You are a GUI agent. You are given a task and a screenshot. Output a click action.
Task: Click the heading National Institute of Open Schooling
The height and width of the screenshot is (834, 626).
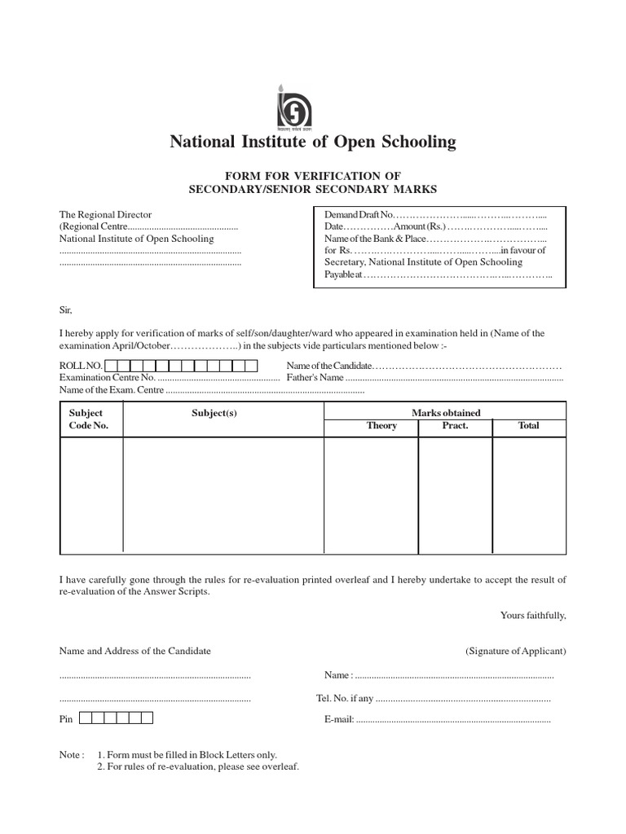click(313, 143)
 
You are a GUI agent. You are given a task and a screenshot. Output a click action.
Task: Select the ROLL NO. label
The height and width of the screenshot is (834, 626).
click(81, 367)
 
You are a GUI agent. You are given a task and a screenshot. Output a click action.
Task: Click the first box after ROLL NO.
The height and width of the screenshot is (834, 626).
click(111, 367)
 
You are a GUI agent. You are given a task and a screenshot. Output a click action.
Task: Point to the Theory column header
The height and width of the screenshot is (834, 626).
click(381, 426)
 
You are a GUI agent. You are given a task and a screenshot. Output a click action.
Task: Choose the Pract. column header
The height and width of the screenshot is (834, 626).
click(455, 426)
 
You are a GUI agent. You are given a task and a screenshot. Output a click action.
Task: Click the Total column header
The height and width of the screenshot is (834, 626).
click(528, 426)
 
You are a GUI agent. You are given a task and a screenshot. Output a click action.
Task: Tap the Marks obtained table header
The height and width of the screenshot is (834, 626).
click(445, 413)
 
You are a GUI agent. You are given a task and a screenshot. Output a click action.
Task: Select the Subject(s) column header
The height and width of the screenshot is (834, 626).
click(214, 413)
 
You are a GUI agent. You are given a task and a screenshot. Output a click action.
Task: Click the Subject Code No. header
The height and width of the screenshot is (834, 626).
click(88, 419)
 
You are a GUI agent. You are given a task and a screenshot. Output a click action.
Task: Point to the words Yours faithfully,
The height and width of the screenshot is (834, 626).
click(533, 616)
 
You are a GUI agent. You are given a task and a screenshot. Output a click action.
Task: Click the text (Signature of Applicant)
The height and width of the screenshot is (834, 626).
click(515, 651)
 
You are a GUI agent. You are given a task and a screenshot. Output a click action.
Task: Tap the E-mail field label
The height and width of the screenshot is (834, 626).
click(338, 720)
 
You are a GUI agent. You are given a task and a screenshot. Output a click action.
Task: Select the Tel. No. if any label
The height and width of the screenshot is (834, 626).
click(345, 698)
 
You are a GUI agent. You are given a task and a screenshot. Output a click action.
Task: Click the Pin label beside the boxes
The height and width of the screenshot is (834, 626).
click(66, 720)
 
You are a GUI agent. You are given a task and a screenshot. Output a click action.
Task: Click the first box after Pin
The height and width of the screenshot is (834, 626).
click(86, 718)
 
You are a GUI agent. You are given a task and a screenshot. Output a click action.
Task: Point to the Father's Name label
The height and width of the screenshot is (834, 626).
click(315, 378)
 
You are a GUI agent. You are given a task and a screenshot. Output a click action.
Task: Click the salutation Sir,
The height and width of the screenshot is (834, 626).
click(66, 309)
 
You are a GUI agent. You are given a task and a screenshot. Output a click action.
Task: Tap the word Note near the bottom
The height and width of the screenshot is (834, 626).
click(70, 755)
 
